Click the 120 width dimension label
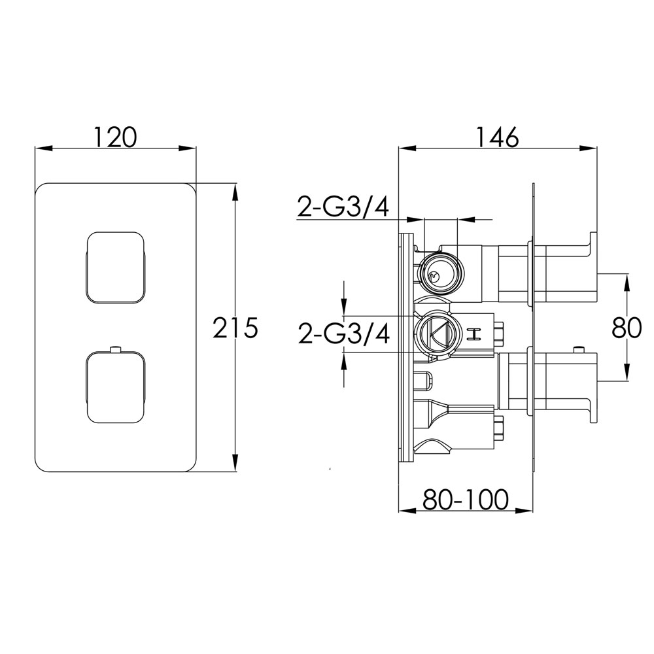(116, 137)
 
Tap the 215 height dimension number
(235, 328)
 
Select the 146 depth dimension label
(498, 137)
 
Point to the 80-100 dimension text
(466, 499)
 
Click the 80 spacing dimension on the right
(627, 328)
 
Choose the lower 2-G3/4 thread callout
(344, 334)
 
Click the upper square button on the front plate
(116, 267)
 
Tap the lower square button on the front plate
(116, 387)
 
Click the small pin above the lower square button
(116, 349)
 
